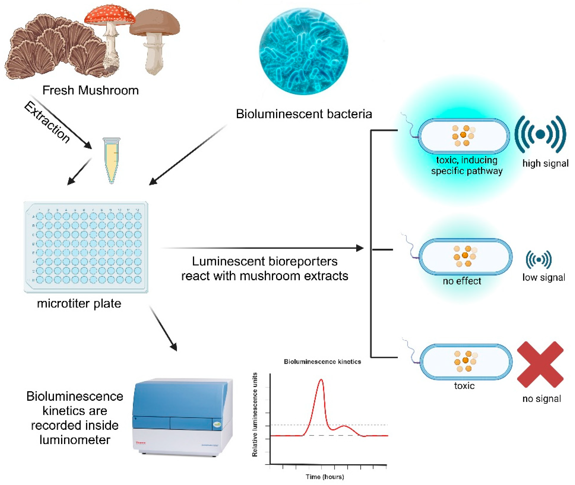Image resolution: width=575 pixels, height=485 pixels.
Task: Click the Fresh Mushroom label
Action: point(90,90)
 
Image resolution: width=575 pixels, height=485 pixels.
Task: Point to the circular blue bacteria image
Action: point(304,51)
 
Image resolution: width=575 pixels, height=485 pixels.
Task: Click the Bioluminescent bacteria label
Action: point(304,114)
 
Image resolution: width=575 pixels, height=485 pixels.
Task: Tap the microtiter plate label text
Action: point(79,304)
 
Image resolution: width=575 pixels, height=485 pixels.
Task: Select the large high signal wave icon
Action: point(540,134)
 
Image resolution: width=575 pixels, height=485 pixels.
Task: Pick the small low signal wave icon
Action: point(538,259)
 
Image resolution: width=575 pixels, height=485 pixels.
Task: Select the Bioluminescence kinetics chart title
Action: point(322,362)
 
